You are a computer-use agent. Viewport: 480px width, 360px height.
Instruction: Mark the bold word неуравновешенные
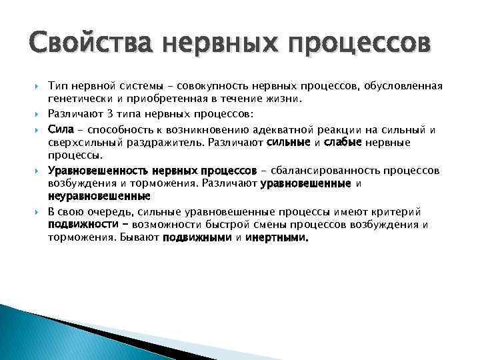(99, 197)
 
